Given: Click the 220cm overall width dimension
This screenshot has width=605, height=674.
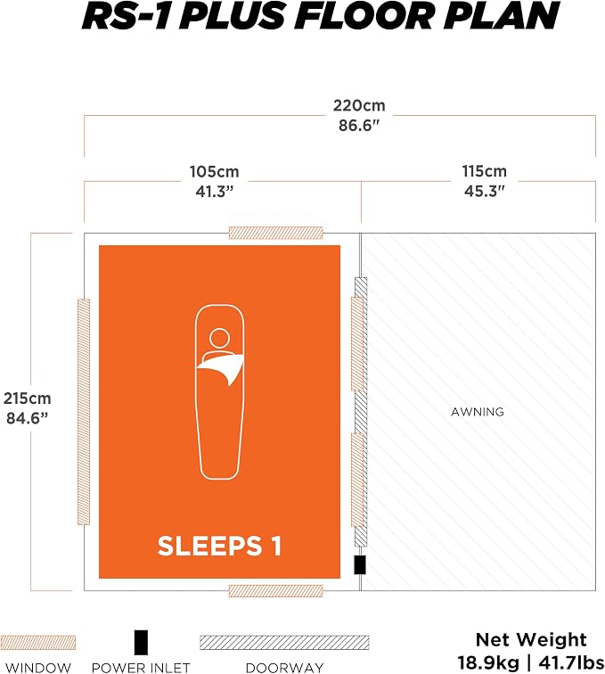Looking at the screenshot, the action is pos(359,106).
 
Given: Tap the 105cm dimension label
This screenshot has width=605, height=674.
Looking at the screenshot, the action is pos(215,172).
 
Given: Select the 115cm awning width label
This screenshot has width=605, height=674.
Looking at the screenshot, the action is pos(484,171).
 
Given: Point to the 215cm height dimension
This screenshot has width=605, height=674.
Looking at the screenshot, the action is pos(27,399).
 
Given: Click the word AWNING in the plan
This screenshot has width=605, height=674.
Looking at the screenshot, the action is pos(478,412).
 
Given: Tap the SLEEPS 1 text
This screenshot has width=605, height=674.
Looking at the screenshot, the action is pos(219,546).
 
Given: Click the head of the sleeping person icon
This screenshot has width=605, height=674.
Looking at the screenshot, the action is pos(219,338).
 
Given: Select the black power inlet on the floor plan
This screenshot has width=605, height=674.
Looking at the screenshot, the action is pos(360,565).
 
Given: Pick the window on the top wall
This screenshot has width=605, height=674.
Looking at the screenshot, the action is pos(276,233).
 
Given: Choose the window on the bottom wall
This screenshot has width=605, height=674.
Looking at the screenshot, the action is pos(276,591).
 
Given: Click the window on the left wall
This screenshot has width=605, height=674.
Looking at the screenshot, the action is pos(84,412).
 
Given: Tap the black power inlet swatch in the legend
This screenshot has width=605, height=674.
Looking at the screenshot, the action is pos(141,642).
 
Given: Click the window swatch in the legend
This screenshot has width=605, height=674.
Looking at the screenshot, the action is pos(37,643).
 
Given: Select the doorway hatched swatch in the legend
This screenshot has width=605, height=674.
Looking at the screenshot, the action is pos(284,643).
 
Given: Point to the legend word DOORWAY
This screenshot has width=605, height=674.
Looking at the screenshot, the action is pos(284,668).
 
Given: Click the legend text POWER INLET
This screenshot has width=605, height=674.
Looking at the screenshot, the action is pos(141,668).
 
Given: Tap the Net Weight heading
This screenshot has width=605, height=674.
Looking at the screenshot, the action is pos(531,640).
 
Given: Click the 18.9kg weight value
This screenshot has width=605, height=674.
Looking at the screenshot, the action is pos(487,662).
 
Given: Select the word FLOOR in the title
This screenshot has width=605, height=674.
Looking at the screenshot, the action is pos(364,16).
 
